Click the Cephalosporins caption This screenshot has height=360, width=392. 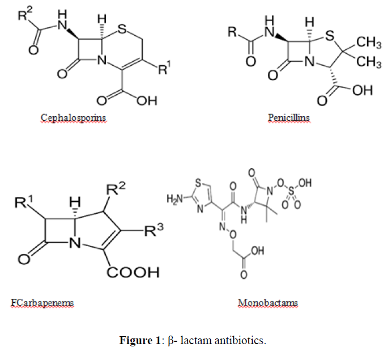pyautogui.click(x=74, y=118)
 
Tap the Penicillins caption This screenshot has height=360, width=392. pyautogui.click(x=289, y=117)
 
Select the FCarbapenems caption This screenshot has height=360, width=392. pyautogui.click(x=42, y=303)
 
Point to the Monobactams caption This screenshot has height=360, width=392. pyautogui.click(x=268, y=303)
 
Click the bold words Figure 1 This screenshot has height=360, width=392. pyautogui.click(x=139, y=340)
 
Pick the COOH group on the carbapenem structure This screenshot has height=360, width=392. pyautogui.click(x=133, y=272)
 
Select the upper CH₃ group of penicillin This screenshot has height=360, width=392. pyautogui.click(x=369, y=42)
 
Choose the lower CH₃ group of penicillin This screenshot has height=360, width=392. pyautogui.click(x=369, y=62)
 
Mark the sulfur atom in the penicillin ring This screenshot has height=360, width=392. pyautogui.click(x=330, y=36)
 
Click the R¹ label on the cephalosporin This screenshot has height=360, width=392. pyautogui.click(x=164, y=68)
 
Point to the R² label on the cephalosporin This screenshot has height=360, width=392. pyautogui.click(x=25, y=14)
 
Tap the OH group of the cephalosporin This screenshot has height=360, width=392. pyautogui.click(x=147, y=100)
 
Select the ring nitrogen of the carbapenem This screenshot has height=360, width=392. pyautogui.click(x=74, y=243)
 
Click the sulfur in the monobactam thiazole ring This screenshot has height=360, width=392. pyautogui.click(x=198, y=183)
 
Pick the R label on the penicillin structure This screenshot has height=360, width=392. pyautogui.click(x=232, y=32)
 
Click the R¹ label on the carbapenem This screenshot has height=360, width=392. pyautogui.click(x=24, y=202)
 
